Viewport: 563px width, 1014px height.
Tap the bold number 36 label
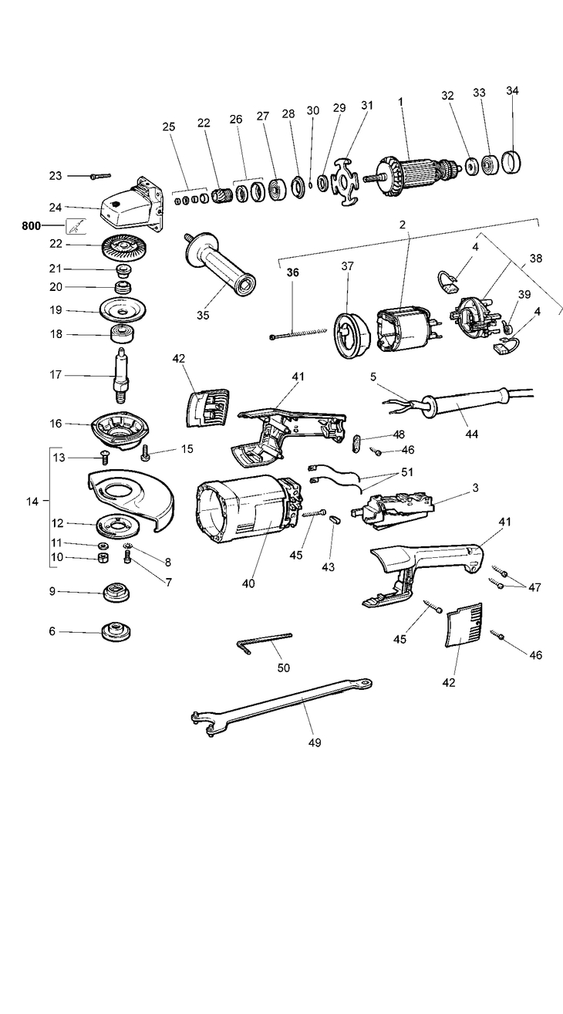[x=292, y=272]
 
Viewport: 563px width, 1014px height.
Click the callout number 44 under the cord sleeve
[x=471, y=434]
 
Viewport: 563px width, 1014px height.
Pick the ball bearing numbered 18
[x=122, y=336]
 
